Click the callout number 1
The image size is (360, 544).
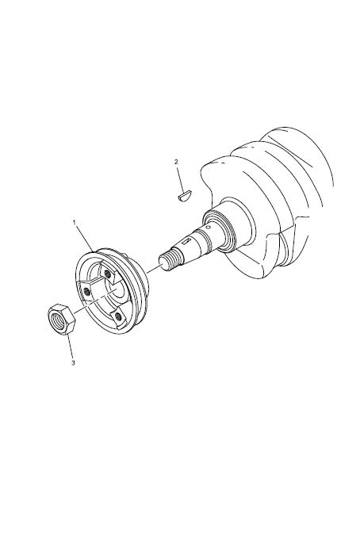(75, 222)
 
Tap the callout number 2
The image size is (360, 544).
(176, 161)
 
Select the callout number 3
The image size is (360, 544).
(73, 363)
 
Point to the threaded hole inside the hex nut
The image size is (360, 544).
(57, 318)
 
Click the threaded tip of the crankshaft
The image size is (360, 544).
(170, 260)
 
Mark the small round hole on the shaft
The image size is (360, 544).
(208, 228)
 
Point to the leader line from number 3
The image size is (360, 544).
(70, 347)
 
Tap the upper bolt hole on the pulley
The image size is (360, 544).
(109, 274)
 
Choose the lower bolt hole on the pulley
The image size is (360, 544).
(119, 316)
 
